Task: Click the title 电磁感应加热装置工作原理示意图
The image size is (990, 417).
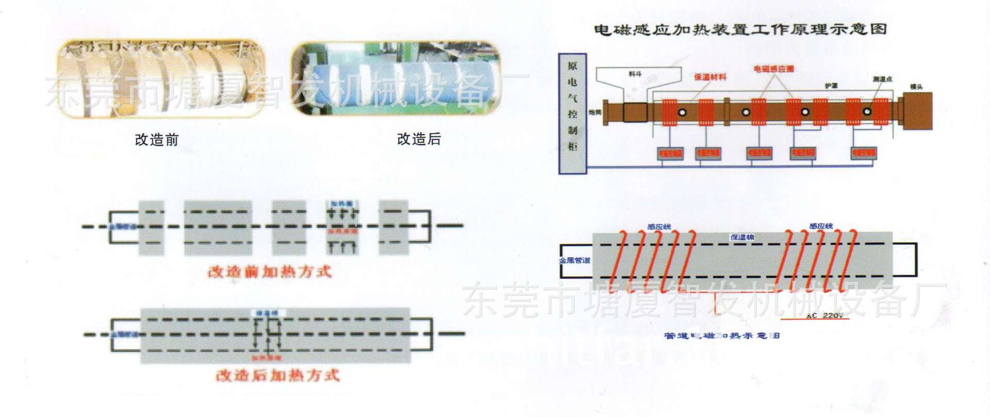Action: pyautogui.click(x=740, y=29)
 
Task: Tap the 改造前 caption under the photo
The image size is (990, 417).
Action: pyautogui.click(x=156, y=140)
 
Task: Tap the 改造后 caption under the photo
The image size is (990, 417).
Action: pyautogui.click(x=419, y=139)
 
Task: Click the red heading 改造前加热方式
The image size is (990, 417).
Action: pyautogui.click(x=269, y=272)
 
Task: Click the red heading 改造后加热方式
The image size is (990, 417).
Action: pyautogui.click(x=277, y=375)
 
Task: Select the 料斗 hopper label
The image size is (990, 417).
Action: pyautogui.click(x=635, y=74)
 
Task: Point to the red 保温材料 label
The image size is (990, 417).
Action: pyautogui.click(x=710, y=77)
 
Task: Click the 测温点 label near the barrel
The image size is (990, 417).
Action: pyautogui.click(x=882, y=79)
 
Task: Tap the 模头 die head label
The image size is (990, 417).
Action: pyautogui.click(x=916, y=87)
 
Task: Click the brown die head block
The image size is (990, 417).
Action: pyautogui.click(x=918, y=111)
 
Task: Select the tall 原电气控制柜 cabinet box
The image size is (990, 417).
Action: pyautogui.click(x=572, y=113)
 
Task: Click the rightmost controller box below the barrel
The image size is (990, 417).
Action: pyautogui.click(x=863, y=153)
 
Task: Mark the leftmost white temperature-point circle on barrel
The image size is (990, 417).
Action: pyautogui.click(x=683, y=112)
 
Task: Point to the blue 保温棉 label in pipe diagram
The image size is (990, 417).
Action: pyautogui.click(x=742, y=237)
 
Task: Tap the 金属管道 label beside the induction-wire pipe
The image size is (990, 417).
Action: pyautogui.click(x=574, y=260)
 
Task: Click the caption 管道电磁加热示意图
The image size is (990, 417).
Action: pyautogui.click(x=722, y=336)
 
